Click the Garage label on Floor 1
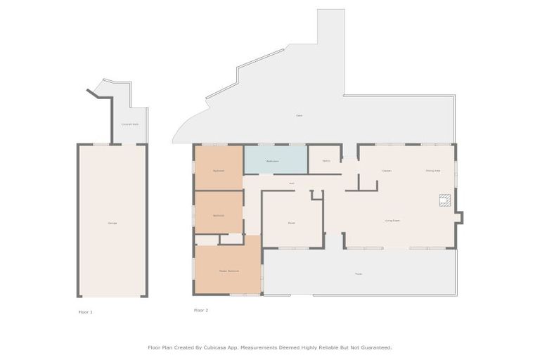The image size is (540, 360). (112, 223)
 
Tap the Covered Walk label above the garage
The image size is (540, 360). (130, 124)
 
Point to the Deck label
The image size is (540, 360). (299, 115)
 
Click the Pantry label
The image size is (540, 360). (326, 161)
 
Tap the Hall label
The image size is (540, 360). (291, 184)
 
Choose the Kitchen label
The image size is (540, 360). (387, 170)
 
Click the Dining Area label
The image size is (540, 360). (432, 170)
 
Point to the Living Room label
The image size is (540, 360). (392, 220)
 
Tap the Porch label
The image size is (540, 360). (358, 274)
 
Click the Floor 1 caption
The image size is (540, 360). (85, 311)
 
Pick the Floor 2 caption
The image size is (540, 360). (201, 309)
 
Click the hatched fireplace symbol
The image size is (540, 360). (444, 200)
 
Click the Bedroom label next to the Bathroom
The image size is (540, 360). (219, 170)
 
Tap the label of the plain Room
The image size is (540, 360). (291, 223)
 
